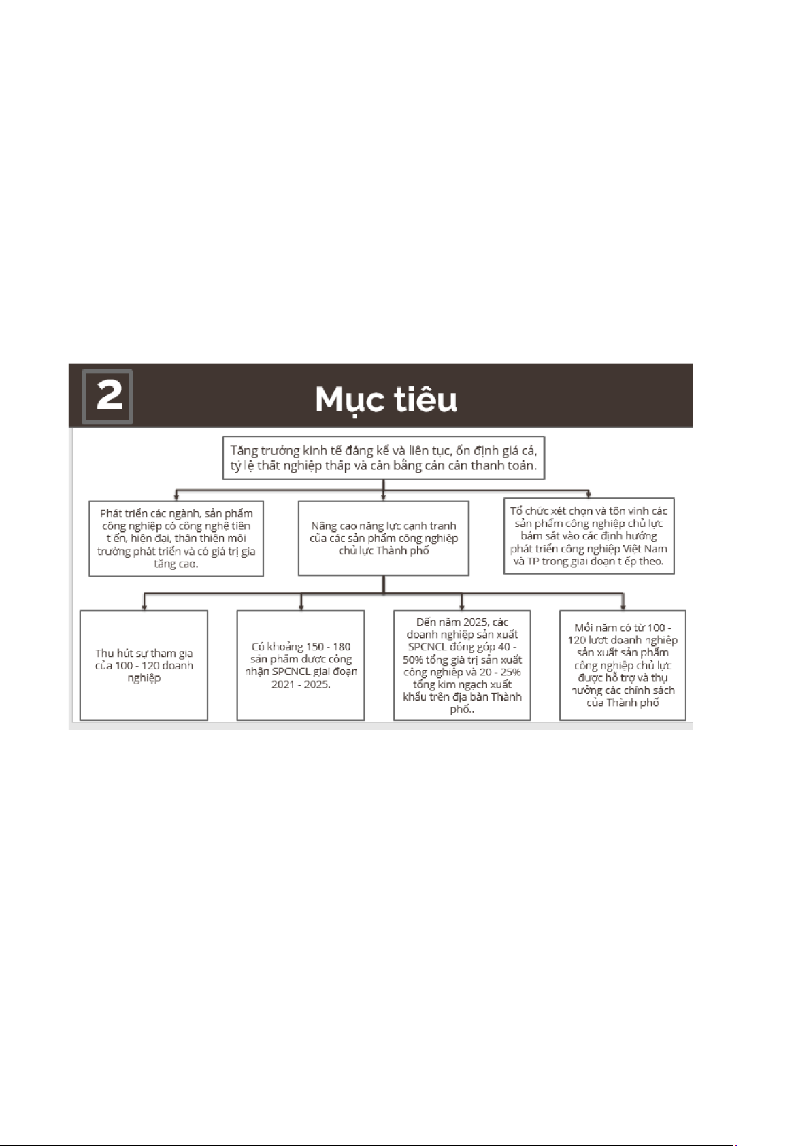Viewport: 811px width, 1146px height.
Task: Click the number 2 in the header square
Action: [x=109, y=395]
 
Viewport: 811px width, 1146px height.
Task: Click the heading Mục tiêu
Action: [x=386, y=399]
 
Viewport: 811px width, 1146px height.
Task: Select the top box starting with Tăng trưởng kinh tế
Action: [x=384, y=458]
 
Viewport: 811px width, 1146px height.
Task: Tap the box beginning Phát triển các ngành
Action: [x=176, y=538]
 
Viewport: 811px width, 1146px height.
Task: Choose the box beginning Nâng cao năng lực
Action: [x=384, y=538]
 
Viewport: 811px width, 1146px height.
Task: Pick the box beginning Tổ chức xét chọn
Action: [x=589, y=536]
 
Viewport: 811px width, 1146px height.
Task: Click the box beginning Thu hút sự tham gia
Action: [x=144, y=665]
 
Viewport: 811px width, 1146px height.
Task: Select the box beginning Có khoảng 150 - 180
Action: [x=301, y=665]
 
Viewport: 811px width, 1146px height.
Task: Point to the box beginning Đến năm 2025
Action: [x=462, y=665]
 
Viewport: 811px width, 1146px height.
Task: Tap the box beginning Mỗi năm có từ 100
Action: [x=623, y=665]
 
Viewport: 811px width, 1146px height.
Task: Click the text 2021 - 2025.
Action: [x=301, y=684]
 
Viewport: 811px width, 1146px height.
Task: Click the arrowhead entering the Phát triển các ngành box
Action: [x=176, y=497]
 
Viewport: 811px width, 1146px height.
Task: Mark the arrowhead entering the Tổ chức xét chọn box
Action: [x=589, y=494]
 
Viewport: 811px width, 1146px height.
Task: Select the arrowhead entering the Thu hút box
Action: [x=144, y=607]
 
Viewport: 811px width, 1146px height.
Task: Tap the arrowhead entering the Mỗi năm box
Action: [x=623, y=607]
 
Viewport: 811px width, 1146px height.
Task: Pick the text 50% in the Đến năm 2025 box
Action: [x=413, y=660]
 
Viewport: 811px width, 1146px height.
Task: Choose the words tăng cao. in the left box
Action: [x=176, y=564]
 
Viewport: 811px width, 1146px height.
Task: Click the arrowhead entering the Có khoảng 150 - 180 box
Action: [x=301, y=607]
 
